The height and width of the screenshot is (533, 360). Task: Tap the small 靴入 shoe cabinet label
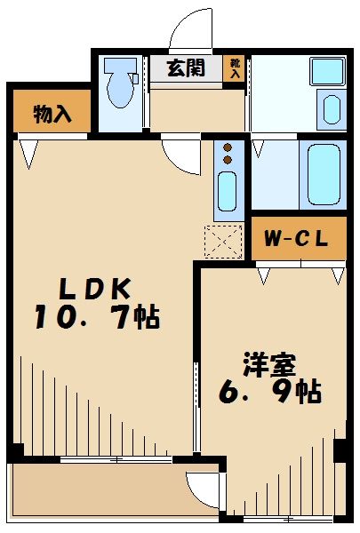click(x=236, y=68)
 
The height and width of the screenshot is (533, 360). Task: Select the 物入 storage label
click(x=52, y=113)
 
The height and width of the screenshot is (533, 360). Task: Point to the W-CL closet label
click(x=297, y=238)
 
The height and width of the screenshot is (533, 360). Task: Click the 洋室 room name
click(x=270, y=364)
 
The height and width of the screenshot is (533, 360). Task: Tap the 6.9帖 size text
click(x=270, y=391)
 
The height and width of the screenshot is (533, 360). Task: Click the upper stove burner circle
click(x=228, y=147)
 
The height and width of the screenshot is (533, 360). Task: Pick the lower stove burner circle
click(x=228, y=160)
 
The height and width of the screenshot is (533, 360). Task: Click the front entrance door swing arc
click(x=192, y=28)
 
